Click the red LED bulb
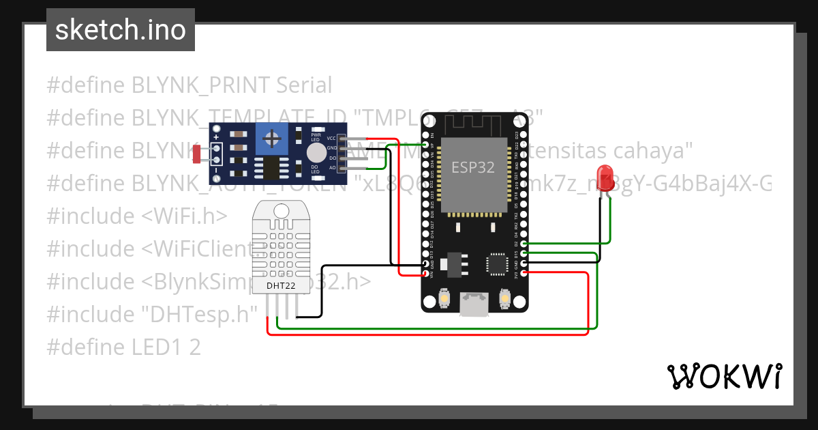pyautogui.click(x=605, y=177)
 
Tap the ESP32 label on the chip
pyautogui.click(x=473, y=167)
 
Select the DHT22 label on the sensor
pyautogui.click(x=280, y=285)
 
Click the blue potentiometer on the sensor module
pyautogui.click(x=272, y=140)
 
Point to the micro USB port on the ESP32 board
pyautogui.click(x=474, y=304)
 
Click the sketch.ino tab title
pyautogui.click(x=120, y=30)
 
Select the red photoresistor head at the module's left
pyautogui.click(x=196, y=154)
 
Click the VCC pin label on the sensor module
pyautogui.click(x=331, y=138)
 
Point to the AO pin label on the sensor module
pyautogui.click(x=332, y=167)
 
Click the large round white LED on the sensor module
pyautogui.click(x=316, y=152)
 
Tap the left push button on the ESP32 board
pyautogui.click(x=444, y=298)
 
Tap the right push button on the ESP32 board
pyautogui.click(x=505, y=298)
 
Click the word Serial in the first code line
pyautogui.click(x=304, y=85)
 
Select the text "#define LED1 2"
pyautogui.click(x=123, y=347)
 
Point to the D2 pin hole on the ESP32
pyautogui.click(x=524, y=244)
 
